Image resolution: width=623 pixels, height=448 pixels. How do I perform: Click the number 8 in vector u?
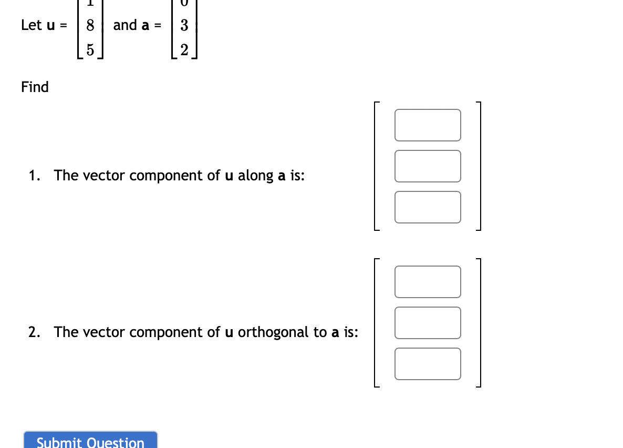pyautogui.click(x=90, y=25)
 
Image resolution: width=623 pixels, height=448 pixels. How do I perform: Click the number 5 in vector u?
pyautogui.click(x=90, y=50)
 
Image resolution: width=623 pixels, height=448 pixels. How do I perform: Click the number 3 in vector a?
pyautogui.click(x=184, y=25)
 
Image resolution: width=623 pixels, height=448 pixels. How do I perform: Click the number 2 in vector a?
pyautogui.click(x=184, y=50)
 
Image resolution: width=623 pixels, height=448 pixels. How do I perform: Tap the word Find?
pyautogui.click(x=35, y=87)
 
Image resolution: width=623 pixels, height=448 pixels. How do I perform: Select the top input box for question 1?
pyautogui.click(x=428, y=125)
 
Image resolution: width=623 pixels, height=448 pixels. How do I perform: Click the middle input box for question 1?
pyautogui.click(x=428, y=166)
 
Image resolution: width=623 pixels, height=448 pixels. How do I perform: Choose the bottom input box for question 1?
pyautogui.click(x=428, y=207)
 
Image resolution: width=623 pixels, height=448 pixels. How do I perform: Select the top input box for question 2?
pyautogui.click(x=428, y=282)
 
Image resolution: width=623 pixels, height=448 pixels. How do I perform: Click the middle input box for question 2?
pyautogui.click(x=428, y=323)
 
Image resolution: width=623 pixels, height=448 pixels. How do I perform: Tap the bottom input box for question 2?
pyautogui.click(x=428, y=364)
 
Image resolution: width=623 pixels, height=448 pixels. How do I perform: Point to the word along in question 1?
pyautogui.click(x=255, y=176)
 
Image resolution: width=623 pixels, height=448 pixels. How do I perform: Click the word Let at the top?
pyautogui.click(x=31, y=25)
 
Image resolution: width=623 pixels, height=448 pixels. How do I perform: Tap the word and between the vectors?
pyautogui.click(x=124, y=25)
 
